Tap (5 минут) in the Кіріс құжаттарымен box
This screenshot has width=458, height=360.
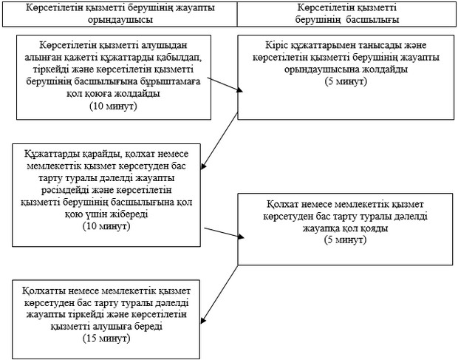(346, 79)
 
